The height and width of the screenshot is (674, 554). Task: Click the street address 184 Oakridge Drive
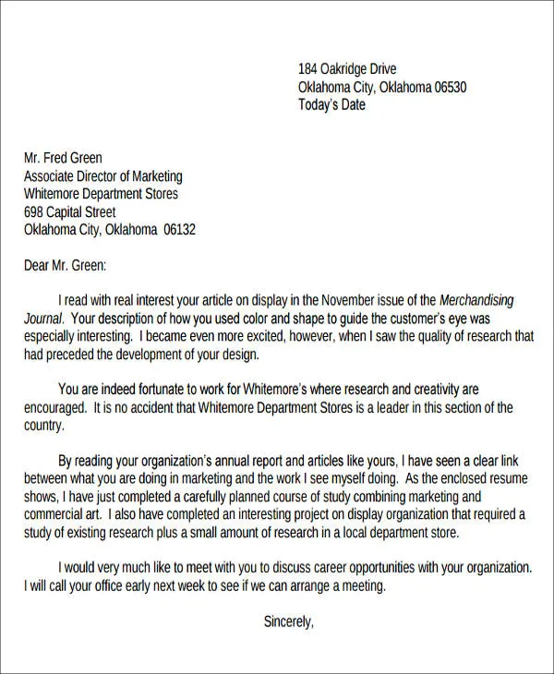click(347, 69)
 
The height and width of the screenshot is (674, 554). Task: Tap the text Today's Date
click(331, 104)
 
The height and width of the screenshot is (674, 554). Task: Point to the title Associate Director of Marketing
click(102, 176)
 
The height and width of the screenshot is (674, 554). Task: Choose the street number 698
click(33, 212)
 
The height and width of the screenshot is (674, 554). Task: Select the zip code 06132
click(179, 230)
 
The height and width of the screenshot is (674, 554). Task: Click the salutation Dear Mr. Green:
click(65, 266)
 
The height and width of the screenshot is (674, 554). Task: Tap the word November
click(348, 301)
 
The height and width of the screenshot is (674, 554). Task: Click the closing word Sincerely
click(288, 621)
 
